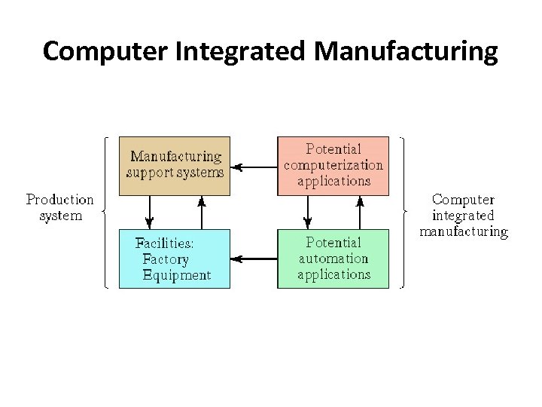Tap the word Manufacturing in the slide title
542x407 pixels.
[x=406, y=52]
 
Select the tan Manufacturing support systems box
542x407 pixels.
[x=175, y=165]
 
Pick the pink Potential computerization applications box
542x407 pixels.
[x=333, y=165]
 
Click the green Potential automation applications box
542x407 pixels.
[x=333, y=259]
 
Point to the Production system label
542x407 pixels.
[x=60, y=207]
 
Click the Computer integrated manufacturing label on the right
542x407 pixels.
[x=464, y=216]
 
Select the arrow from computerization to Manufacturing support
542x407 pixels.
[x=254, y=166]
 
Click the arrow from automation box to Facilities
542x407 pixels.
[x=254, y=259]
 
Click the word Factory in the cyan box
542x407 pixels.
[x=166, y=259]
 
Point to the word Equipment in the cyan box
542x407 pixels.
[x=177, y=275]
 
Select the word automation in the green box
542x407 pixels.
[x=333, y=259]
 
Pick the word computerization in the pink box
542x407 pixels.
[x=333, y=165]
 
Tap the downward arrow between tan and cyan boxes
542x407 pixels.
[x=149, y=212]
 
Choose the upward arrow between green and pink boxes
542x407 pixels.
[x=360, y=212]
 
